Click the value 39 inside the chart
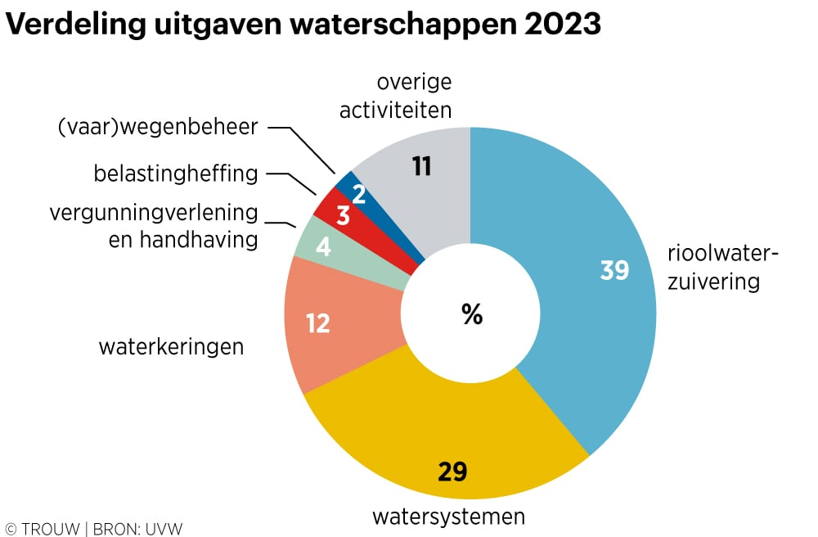point(614,270)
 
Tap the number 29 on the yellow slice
point(452,472)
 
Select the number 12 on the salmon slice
point(317,323)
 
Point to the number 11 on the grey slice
point(421,167)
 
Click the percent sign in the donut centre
point(472,314)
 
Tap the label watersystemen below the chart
point(448,517)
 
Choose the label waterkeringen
point(171,347)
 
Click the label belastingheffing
point(176,174)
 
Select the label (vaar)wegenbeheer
point(158,128)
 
